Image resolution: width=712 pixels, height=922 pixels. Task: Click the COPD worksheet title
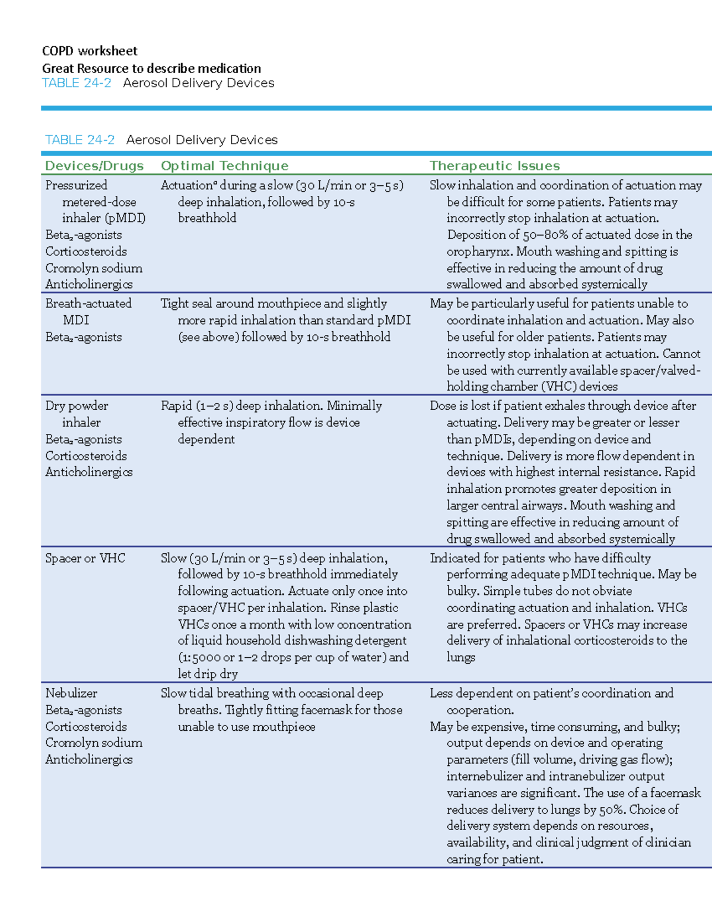pos(90,51)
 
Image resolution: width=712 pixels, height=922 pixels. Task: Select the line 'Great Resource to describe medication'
pos(151,68)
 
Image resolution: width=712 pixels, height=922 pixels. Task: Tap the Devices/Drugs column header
pos(94,166)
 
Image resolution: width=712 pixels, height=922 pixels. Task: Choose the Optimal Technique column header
pos(224,166)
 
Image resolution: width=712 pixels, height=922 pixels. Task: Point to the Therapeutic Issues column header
pos(494,166)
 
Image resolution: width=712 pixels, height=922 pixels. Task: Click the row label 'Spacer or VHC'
pos(85,558)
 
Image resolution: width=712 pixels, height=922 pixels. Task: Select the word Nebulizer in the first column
pos(71,693)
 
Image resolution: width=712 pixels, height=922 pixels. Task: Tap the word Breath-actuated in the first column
pos(88,303)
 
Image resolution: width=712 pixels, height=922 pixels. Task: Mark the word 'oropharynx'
pos(479,251)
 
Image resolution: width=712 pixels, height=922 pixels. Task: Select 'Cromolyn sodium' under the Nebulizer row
pos(94,743)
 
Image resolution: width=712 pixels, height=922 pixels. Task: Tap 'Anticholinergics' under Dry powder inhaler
pos(89,472)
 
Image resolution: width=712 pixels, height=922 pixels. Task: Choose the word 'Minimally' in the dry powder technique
pos(354,405)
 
